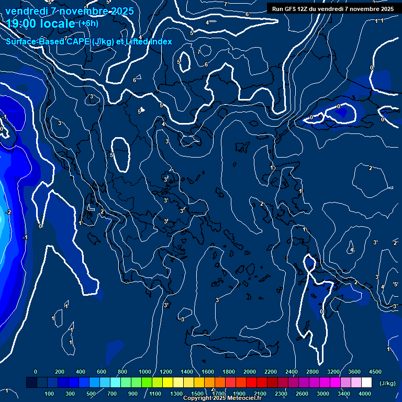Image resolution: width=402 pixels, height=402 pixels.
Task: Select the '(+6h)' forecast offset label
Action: click(88, 24)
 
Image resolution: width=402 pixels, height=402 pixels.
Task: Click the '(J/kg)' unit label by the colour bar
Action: click(387, 383)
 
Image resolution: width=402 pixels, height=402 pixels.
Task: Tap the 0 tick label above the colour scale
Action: click(36, 372)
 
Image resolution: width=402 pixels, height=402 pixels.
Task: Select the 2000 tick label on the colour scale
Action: click(249, 372)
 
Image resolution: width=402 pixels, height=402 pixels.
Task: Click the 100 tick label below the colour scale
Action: click(50, 394)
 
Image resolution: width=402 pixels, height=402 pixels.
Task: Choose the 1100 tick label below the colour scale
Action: click(155, 394)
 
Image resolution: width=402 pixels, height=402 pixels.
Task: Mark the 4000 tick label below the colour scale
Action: click(365, 394)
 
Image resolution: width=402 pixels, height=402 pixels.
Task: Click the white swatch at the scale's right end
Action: click(366, 383)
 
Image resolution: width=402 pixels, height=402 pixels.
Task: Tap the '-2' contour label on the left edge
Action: click(8, 212)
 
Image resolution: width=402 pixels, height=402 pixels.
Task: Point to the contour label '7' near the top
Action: click(199, 52)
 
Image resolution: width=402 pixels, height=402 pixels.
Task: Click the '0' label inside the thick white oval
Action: click(339, 107)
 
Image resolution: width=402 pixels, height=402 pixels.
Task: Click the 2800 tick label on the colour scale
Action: click(312, 372)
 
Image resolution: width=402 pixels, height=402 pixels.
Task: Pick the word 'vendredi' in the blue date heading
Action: click(26, 11)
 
